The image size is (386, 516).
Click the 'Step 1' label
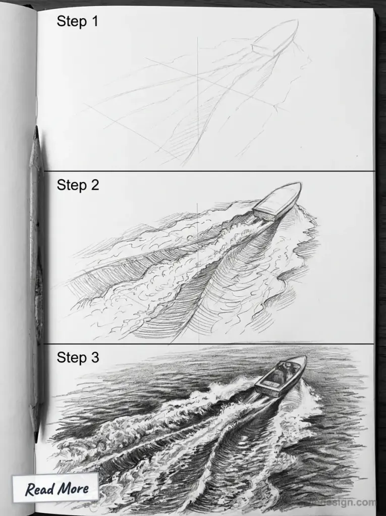coord(77,21)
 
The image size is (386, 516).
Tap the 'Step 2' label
coord(78,185)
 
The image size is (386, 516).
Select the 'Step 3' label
coord(78,357)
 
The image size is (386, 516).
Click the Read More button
coord(56,488)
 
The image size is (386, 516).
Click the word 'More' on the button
coord(73,488)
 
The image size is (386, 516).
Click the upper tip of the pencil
coord(36,128)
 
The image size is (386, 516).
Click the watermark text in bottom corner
coord(353,502)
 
